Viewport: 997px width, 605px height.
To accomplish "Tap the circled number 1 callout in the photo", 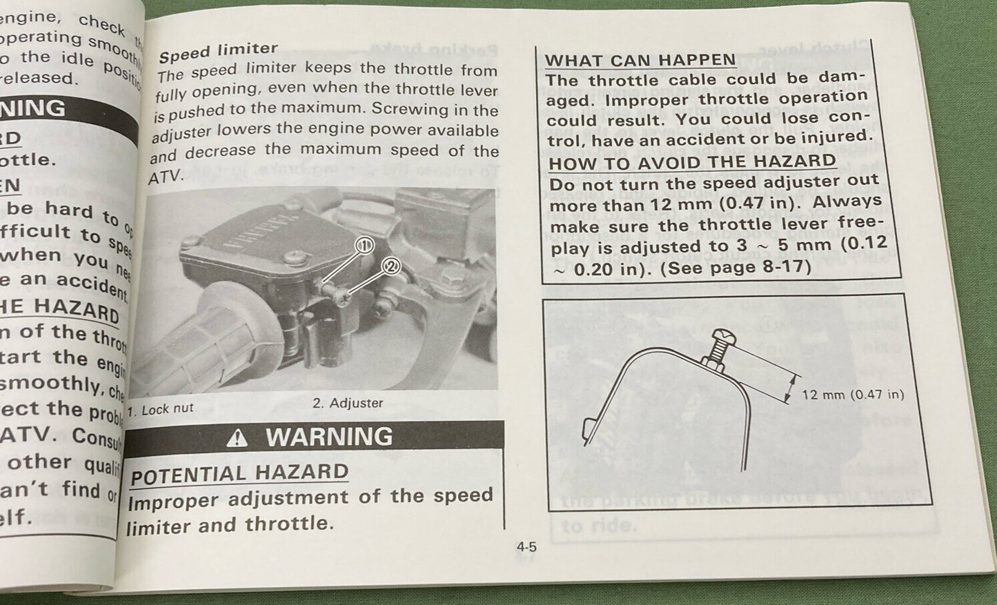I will point(364,244).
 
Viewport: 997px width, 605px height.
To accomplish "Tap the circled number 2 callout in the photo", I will point(391,266).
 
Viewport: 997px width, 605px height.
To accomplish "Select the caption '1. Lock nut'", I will point(161,409).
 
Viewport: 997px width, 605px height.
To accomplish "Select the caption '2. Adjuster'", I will point(348,403).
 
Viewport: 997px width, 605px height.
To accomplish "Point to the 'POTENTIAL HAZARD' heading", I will point(239,474).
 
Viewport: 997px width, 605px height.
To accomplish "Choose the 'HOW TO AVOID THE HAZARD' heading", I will point(692,163).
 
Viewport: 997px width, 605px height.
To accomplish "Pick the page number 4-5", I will point(526,547).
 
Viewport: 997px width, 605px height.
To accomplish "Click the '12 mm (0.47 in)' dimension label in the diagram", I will point(852,395).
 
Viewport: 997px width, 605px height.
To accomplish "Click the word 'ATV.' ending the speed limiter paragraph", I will point(166,177).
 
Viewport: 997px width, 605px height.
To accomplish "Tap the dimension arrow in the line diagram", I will point(792,388).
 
